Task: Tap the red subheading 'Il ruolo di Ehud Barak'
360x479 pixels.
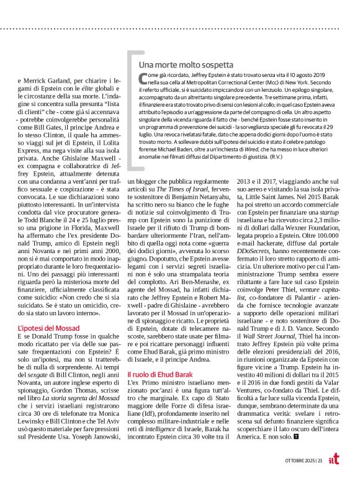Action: tap(161, 375)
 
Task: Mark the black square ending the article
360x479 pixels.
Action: tap(295, 437)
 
